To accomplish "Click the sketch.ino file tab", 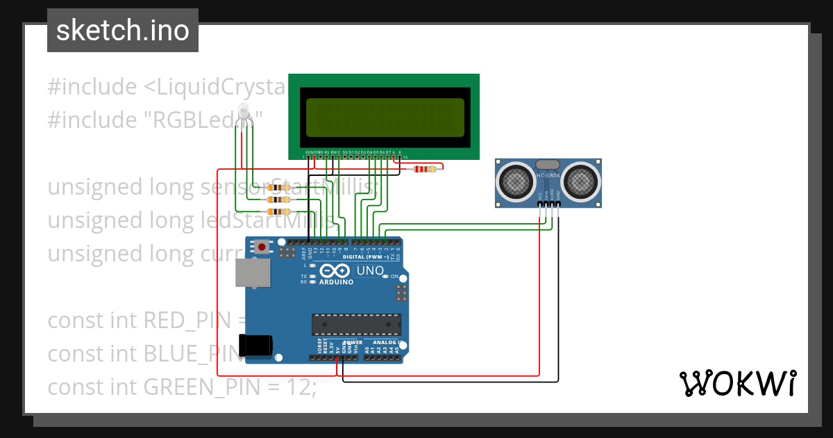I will (122, 31).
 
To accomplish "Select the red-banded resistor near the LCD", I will (424, 168).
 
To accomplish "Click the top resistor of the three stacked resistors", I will (280, 188).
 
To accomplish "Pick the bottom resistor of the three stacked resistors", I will (280, 211).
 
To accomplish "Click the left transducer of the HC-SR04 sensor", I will (514, 181).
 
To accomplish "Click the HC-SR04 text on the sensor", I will (548, 175).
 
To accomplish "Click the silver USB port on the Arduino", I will (253, 273).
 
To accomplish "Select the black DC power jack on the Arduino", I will (255, 346).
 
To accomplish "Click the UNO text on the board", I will (370, 270).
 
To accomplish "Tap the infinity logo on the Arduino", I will (336, 271).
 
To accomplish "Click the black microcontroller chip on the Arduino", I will (356, 325).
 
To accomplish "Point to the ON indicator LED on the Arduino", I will (385, 277).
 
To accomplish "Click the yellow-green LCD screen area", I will (385, 117).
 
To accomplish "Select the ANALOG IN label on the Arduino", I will (385, 343).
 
